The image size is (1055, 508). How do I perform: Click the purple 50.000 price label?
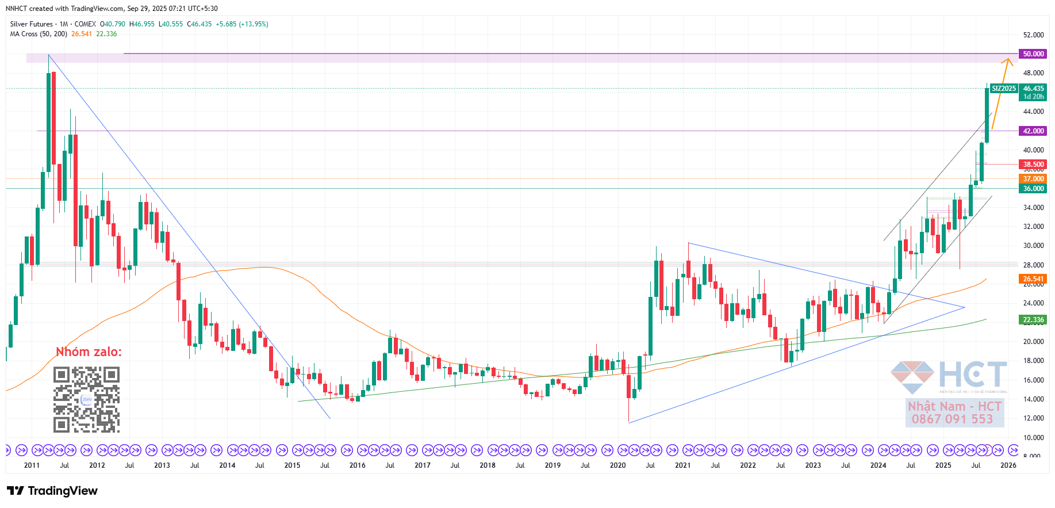pos(1033,54)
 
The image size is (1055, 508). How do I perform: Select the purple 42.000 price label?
pos(1033,131)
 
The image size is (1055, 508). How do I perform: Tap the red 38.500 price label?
pos(1033,165)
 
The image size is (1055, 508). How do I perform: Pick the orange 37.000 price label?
pos(1033,179)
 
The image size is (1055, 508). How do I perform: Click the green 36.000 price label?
pos(1033,189)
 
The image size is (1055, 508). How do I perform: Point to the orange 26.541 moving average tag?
pos(1033,279)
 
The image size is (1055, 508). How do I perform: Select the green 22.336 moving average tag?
pos(1033,320)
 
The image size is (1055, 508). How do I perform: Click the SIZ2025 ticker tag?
pos(1004,89)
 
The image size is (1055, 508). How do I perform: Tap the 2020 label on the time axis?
pos(617,465)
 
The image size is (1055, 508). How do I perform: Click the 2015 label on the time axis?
pos(292,465)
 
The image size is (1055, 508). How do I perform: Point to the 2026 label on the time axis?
pos(1008,465)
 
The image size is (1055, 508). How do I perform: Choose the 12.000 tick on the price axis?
pos(1033,418)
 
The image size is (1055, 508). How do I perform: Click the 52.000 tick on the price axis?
pos(1033,35)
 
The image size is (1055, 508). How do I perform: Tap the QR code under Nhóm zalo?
pos(87,399)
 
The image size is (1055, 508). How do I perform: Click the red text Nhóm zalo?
pos(89,352)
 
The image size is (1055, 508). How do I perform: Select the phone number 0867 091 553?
pos(952,419)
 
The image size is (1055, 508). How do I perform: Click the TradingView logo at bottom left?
pos(52,491)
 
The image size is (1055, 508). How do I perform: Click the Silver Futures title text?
pos(31,24)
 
